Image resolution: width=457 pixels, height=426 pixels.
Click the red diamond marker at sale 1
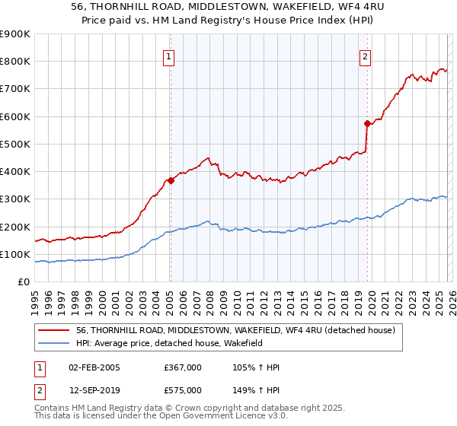[171, 181]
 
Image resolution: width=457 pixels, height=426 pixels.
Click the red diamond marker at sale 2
[367, 123]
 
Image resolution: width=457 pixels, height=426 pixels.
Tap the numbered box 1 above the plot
[168, 56]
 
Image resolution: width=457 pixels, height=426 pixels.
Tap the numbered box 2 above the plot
[365, 56]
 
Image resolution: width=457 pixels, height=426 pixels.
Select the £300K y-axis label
[15, 199]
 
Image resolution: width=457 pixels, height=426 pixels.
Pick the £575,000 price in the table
[183, 390]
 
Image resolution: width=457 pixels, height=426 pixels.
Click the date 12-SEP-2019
[94, 390]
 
